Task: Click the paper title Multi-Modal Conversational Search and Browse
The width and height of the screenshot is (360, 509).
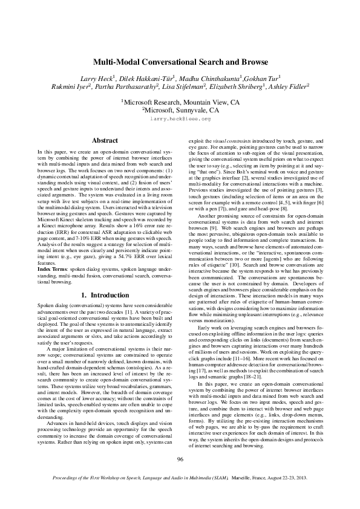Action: coord(180,62)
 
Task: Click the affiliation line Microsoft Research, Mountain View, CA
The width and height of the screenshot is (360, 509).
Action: coord(180,103)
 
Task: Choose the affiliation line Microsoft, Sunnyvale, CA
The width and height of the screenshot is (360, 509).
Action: coord(180,111)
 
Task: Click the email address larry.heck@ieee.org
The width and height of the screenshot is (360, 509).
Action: coord(180,119)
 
